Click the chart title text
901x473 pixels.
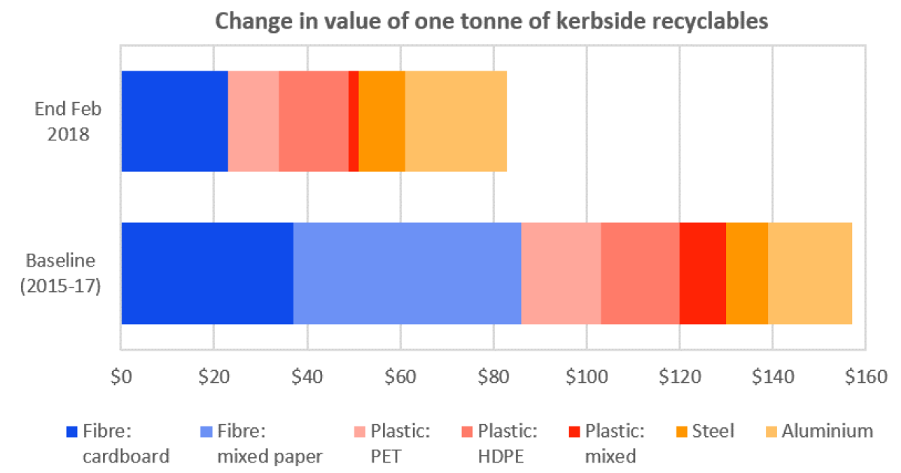pos(492,21)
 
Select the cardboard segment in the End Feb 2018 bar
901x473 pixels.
pos(174,121)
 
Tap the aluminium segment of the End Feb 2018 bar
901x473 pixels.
pos(456,121)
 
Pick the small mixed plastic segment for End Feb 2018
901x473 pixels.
pos(354,121)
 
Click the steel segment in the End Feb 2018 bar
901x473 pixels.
pos(382,121)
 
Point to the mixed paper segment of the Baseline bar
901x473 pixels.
pos(407,273)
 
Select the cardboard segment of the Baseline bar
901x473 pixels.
pos(207,273)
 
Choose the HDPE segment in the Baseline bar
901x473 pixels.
pos(640,273)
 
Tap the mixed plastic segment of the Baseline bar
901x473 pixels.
pos(703,273)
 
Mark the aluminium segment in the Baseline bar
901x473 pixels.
pos(809,273)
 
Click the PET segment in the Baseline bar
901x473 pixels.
pos(561,273)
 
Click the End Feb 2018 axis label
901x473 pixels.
pos(68,122)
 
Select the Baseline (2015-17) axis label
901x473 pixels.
pos(61,273)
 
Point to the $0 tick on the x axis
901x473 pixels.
pos(121,377)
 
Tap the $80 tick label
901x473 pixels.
pos(493,377)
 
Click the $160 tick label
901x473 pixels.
pos(864,377)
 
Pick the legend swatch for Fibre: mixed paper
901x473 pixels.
pos(207,432)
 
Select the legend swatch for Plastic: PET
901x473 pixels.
pos(360,432)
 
